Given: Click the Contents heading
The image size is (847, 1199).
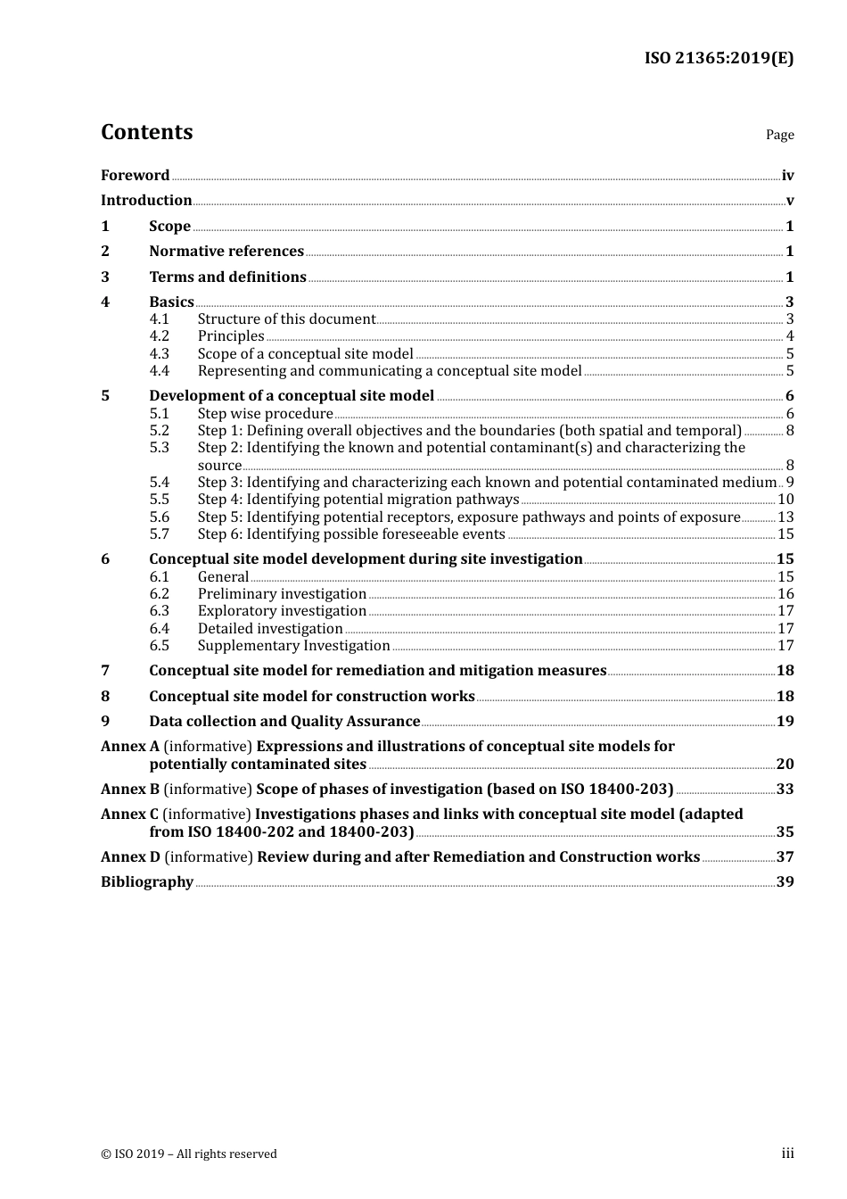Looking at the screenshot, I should (146, 132).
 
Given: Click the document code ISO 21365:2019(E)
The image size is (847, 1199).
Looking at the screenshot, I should (719, 58).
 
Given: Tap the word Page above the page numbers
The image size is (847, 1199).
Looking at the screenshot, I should (779, 135).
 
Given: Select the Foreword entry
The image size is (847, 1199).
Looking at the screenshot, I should (135, 176).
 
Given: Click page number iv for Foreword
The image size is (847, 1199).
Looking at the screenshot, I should (787, 176).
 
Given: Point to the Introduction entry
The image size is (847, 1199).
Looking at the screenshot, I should (146, 201).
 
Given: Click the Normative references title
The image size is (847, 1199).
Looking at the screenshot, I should (226, 252).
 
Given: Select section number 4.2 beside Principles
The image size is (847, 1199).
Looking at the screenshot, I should (159, 336).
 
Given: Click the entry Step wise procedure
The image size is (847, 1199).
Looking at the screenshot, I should (265, 414).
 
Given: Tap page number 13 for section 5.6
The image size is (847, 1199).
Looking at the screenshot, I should (785, 517).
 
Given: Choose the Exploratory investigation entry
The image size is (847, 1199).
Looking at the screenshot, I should (282, 611).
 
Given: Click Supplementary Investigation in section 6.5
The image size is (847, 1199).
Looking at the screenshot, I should (293, 646).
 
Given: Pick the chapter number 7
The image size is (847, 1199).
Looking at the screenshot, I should (105, 671).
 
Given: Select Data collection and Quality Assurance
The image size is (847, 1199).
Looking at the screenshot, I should (284, 722).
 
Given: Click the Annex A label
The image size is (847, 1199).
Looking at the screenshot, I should (130, 747).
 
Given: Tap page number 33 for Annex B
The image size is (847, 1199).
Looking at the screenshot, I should (785, 790).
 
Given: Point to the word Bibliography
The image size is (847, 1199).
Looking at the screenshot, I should (147, 882).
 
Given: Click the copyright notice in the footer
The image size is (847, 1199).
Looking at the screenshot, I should (189, 1154).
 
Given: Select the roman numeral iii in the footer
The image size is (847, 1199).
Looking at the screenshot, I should (787, 1154).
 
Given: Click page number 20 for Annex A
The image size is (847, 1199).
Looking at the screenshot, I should (785, 765).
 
